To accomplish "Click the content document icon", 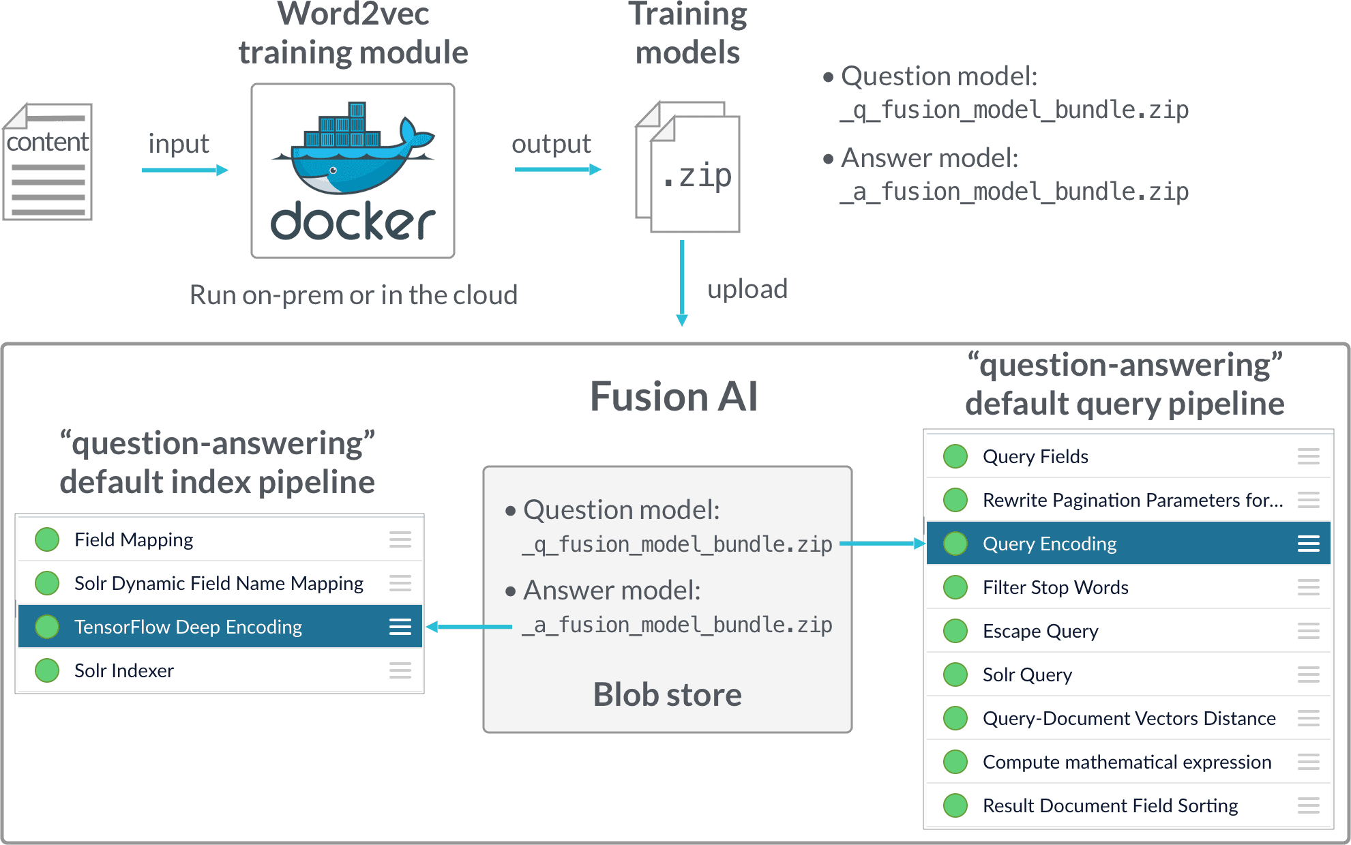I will pyautogui.click(x=48, y=162).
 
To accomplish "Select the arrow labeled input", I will pyautogui.click(x=184, y=170).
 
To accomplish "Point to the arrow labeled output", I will pyautogui.click(x=557, y=169).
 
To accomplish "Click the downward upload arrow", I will pyautogui.click(x=681, y=283).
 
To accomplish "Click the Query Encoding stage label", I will pyautogui.click(x=1049, y=544).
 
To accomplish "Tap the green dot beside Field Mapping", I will pyautogui.click(x=47, y=539).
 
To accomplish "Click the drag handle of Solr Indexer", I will pyautogui.click(x=400, y=670).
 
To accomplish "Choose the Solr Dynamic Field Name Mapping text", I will pyautogui.click(x=218, y=583).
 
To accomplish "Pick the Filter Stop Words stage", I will pyautogui.click(x=1055, y=587).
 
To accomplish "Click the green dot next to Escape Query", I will pyautogui.click(x=955, y=631).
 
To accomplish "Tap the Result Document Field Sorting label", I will pyautogui.click(x=1110, y=805).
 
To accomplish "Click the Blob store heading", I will pyautogui.click(x=667, y=694).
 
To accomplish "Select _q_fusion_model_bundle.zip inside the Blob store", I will pyautogui.click(x=677, y=544).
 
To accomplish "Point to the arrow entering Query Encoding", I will pyautogui.click(x=882, y=544).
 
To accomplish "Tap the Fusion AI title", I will pyautogui.click(x=673, y=396).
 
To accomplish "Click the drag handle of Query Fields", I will pyautogui.click(x=1308, y=456).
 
